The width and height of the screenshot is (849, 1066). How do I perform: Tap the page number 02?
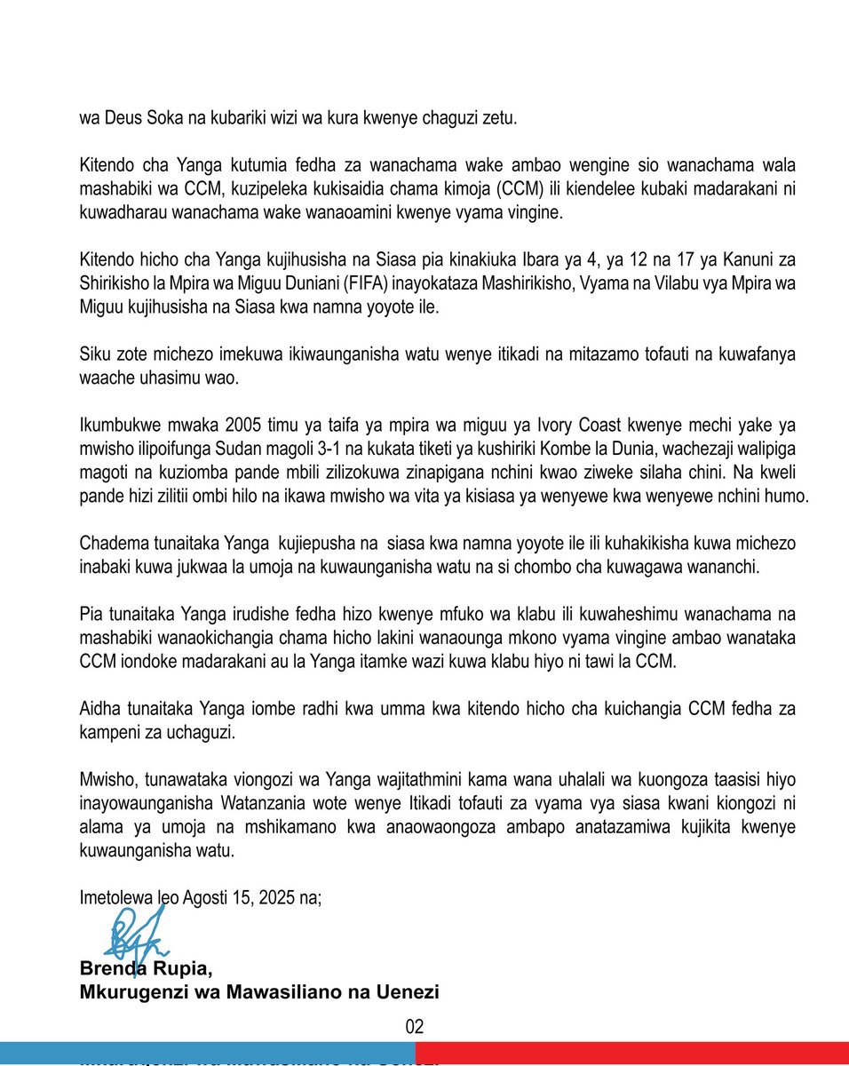pyautogui.click(x=415, y=1028)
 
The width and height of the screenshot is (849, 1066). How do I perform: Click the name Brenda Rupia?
pyautogui.click(x=146, y=967)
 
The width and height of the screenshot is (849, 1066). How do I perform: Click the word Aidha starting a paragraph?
pyautogui.click(x=99, y=708)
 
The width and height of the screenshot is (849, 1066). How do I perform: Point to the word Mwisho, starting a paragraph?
pyautogui.click(x=105, y=779)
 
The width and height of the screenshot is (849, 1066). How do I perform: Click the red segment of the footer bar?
pyautogui.click(x=631, y=1053)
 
